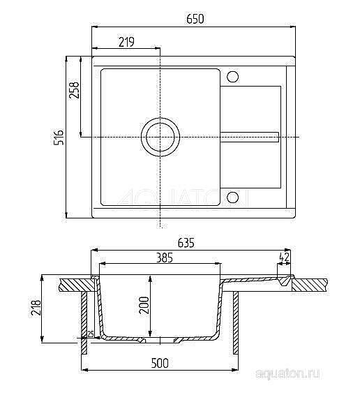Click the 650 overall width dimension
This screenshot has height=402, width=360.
[195, 20]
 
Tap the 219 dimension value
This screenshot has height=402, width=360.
[126, 42]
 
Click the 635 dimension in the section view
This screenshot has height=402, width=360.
[186, 244]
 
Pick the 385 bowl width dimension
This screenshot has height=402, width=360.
[164, 258]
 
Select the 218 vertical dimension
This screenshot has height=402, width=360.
[36, 308]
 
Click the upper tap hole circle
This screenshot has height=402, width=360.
[233, 76]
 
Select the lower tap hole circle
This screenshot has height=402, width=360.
[233, 197]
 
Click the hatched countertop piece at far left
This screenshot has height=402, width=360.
[74, 283]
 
